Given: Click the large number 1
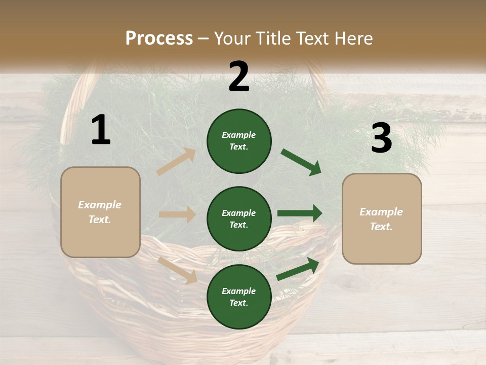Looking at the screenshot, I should [x=100, y=130].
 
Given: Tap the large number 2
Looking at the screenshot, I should [x=238, y=77].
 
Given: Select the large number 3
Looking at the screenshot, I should [x=381, y=139].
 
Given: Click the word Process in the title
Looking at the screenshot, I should [x=159, y=38].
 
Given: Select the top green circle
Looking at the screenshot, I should [x=239, y=141].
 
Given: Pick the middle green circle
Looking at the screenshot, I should [x=239, y=218].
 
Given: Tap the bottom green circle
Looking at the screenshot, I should [x=239, y=297].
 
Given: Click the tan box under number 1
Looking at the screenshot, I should [x=100, y=212].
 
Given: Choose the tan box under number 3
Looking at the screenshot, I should [x=382, y=218].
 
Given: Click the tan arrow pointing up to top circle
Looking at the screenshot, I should [x=176, y=162].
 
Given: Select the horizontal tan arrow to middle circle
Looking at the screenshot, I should [x=177, y=214].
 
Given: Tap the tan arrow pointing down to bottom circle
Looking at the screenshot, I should [x=178, y=270].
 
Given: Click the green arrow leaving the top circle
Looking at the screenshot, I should [x=301, y=162].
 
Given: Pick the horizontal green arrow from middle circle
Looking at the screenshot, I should [x=300, y=213].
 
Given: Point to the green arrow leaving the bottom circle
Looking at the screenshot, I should [x=298, y=269].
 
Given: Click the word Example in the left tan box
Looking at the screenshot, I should [x=100, y=205].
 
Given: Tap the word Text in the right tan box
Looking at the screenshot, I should [x=381, y=227].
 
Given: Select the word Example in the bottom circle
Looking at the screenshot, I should [x=238, y=291].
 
